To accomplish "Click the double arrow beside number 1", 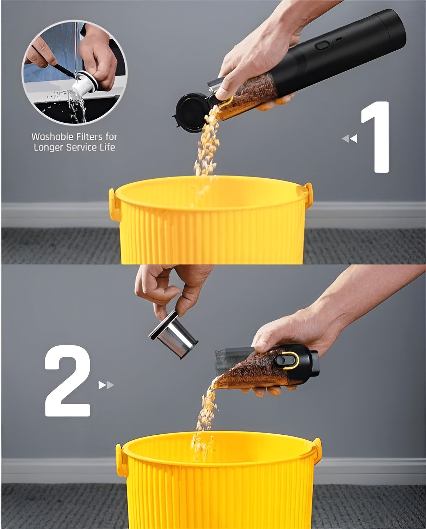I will [349, 139].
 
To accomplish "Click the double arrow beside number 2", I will [106, 385].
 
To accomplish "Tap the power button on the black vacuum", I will [322, 46].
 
